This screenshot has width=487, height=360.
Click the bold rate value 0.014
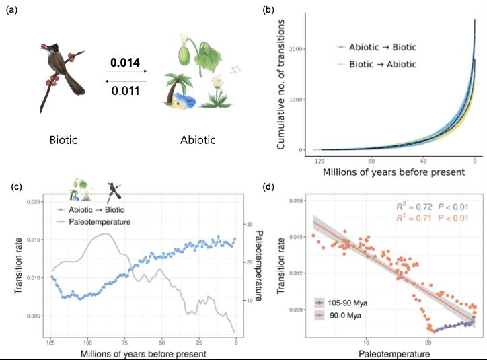(x=124, y=63)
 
